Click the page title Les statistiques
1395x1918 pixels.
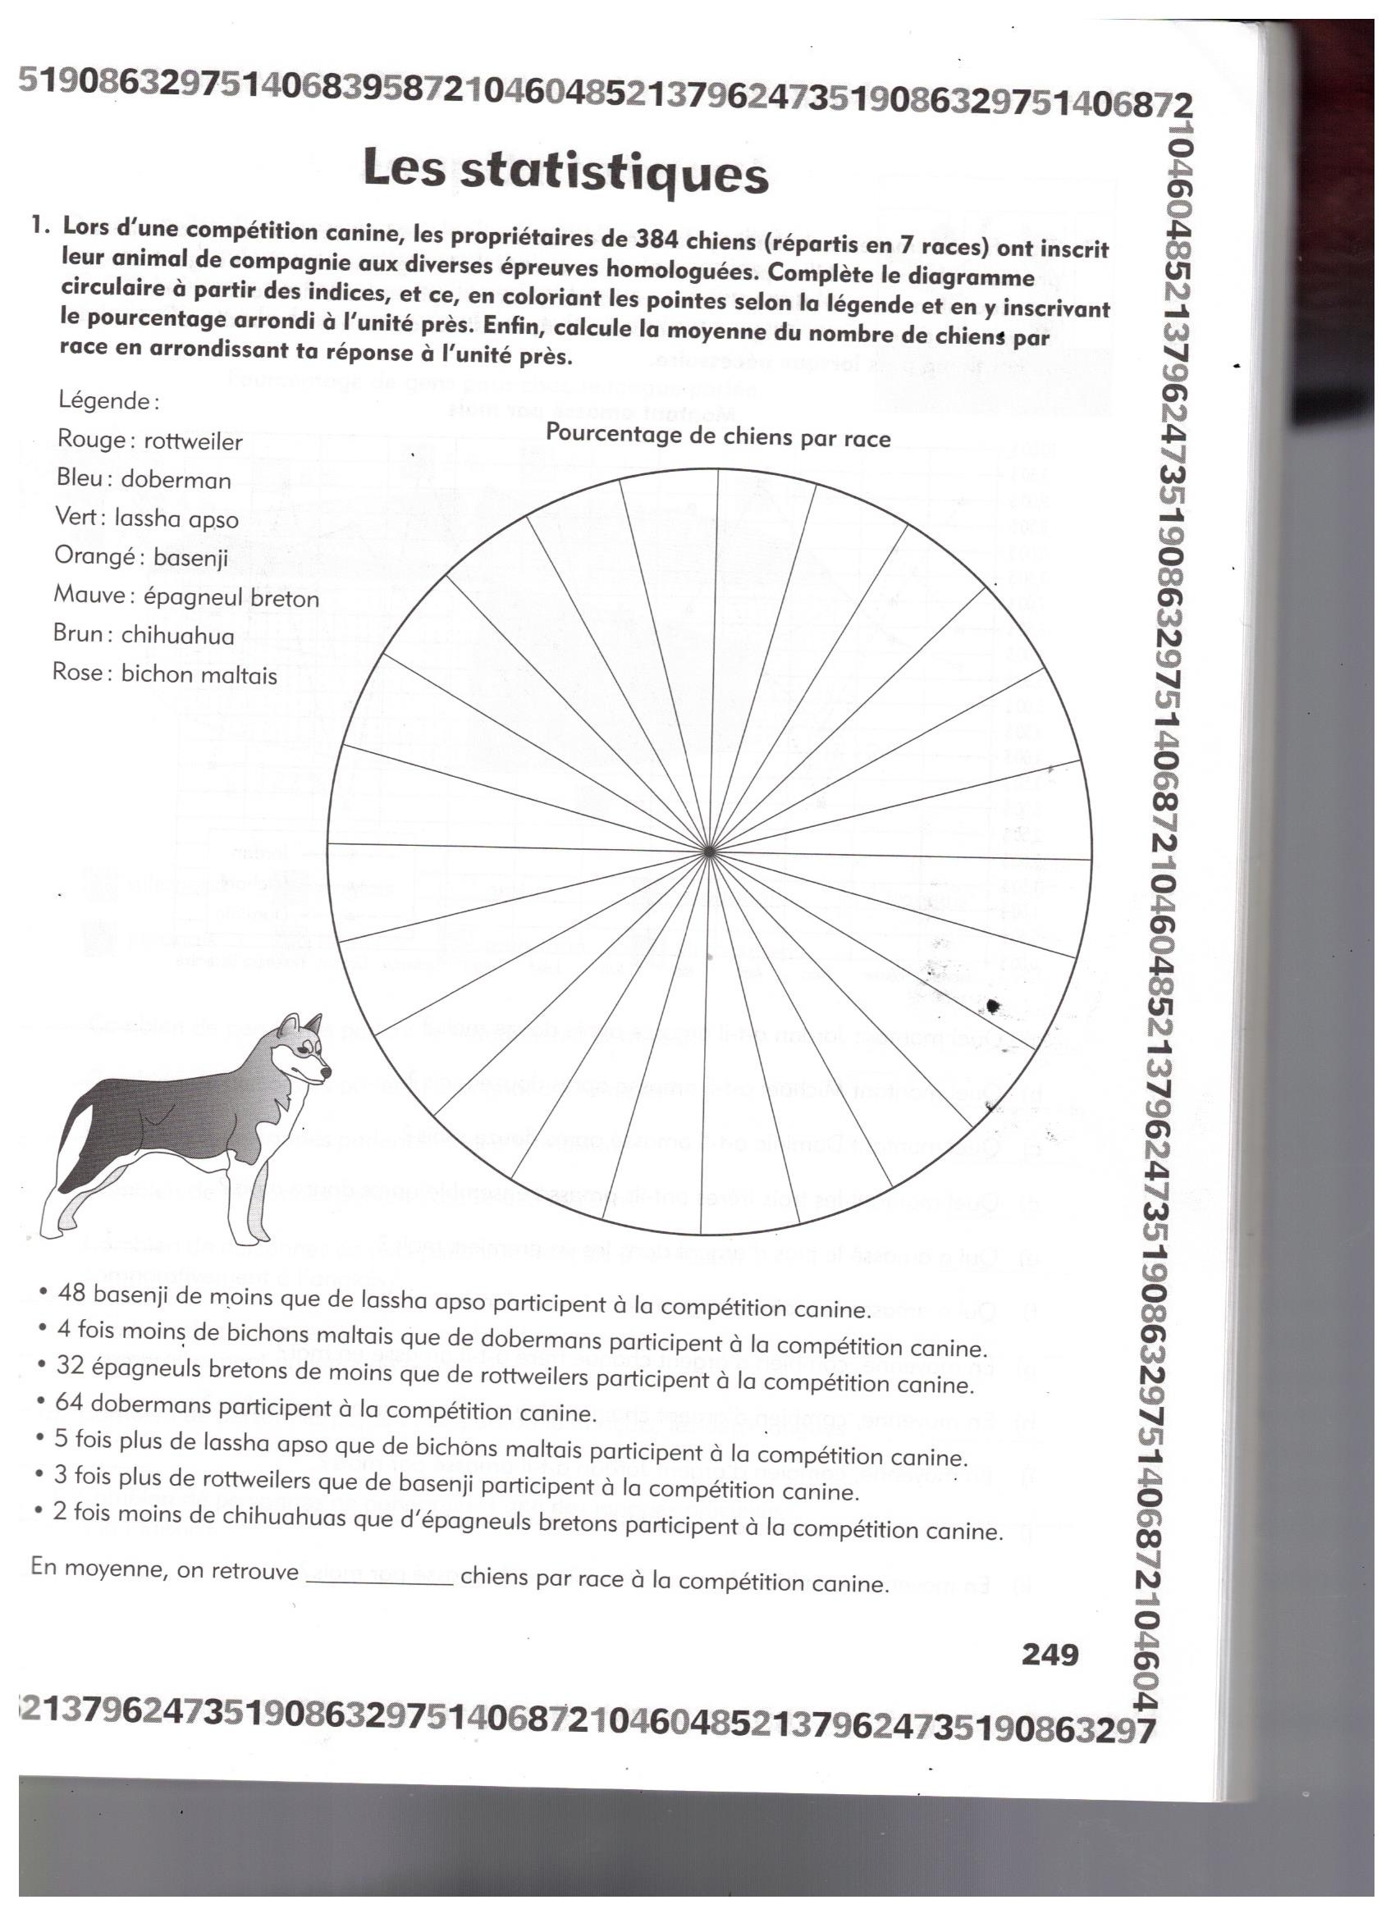click(x=566, y=171)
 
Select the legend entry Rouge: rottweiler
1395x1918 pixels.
click(x=149, y=440)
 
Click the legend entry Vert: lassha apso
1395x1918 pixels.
click(x=146, y=518)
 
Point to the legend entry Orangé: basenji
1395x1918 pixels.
click(x=141, y=557)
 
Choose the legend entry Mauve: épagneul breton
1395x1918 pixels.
click(x=186, y=597)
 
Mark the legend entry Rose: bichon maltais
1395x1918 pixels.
click(x=164, y=674)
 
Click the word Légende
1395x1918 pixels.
click(x=108, y=401)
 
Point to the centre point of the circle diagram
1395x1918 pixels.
click(x=709, y=851)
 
